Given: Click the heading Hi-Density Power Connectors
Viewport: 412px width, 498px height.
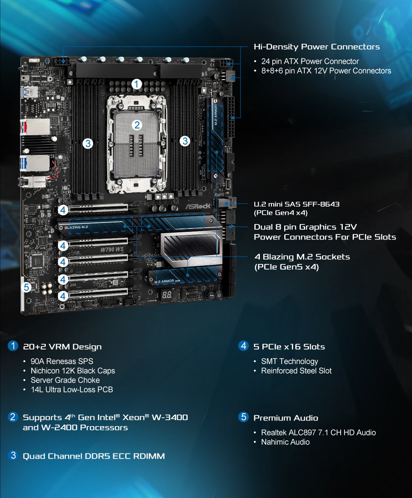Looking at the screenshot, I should pos(317,47).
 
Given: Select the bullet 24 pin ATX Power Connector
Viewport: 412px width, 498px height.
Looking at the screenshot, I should pos(310,61).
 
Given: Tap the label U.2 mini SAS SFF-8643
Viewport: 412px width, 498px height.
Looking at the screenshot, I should pos(297,204).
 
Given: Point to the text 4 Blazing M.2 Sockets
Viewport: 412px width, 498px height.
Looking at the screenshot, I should pos(302,257).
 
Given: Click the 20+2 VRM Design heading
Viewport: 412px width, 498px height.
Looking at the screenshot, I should pos(62,347).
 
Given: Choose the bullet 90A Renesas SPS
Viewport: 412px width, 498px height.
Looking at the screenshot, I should pos(62,361).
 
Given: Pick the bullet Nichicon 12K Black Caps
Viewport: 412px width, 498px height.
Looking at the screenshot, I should pos(73,371).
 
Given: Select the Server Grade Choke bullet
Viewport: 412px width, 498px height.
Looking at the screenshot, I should pos(65,380).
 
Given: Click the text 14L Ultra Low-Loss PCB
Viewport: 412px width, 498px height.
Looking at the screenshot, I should pos(71,389).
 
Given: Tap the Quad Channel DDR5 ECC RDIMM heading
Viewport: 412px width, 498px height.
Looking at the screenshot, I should pos(94,456).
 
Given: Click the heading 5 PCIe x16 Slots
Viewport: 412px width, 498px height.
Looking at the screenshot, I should pos(289,347).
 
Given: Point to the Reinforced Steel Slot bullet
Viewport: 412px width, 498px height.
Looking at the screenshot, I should pos(296,371).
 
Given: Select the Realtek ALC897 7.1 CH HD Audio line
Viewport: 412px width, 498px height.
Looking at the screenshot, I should pos(318,433).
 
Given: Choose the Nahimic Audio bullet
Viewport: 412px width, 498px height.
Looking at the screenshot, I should pos(285,442).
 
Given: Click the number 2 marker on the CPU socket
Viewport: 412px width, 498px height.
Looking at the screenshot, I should pos(137,125).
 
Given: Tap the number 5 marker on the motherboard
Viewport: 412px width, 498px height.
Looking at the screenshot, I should pos(26,287).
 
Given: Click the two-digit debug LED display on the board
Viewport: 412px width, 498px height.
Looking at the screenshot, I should pos(167,295).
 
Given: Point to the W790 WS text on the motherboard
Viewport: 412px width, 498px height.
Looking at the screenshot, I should pos(112,249).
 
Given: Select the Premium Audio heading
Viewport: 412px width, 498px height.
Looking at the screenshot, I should pos(285,418).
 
